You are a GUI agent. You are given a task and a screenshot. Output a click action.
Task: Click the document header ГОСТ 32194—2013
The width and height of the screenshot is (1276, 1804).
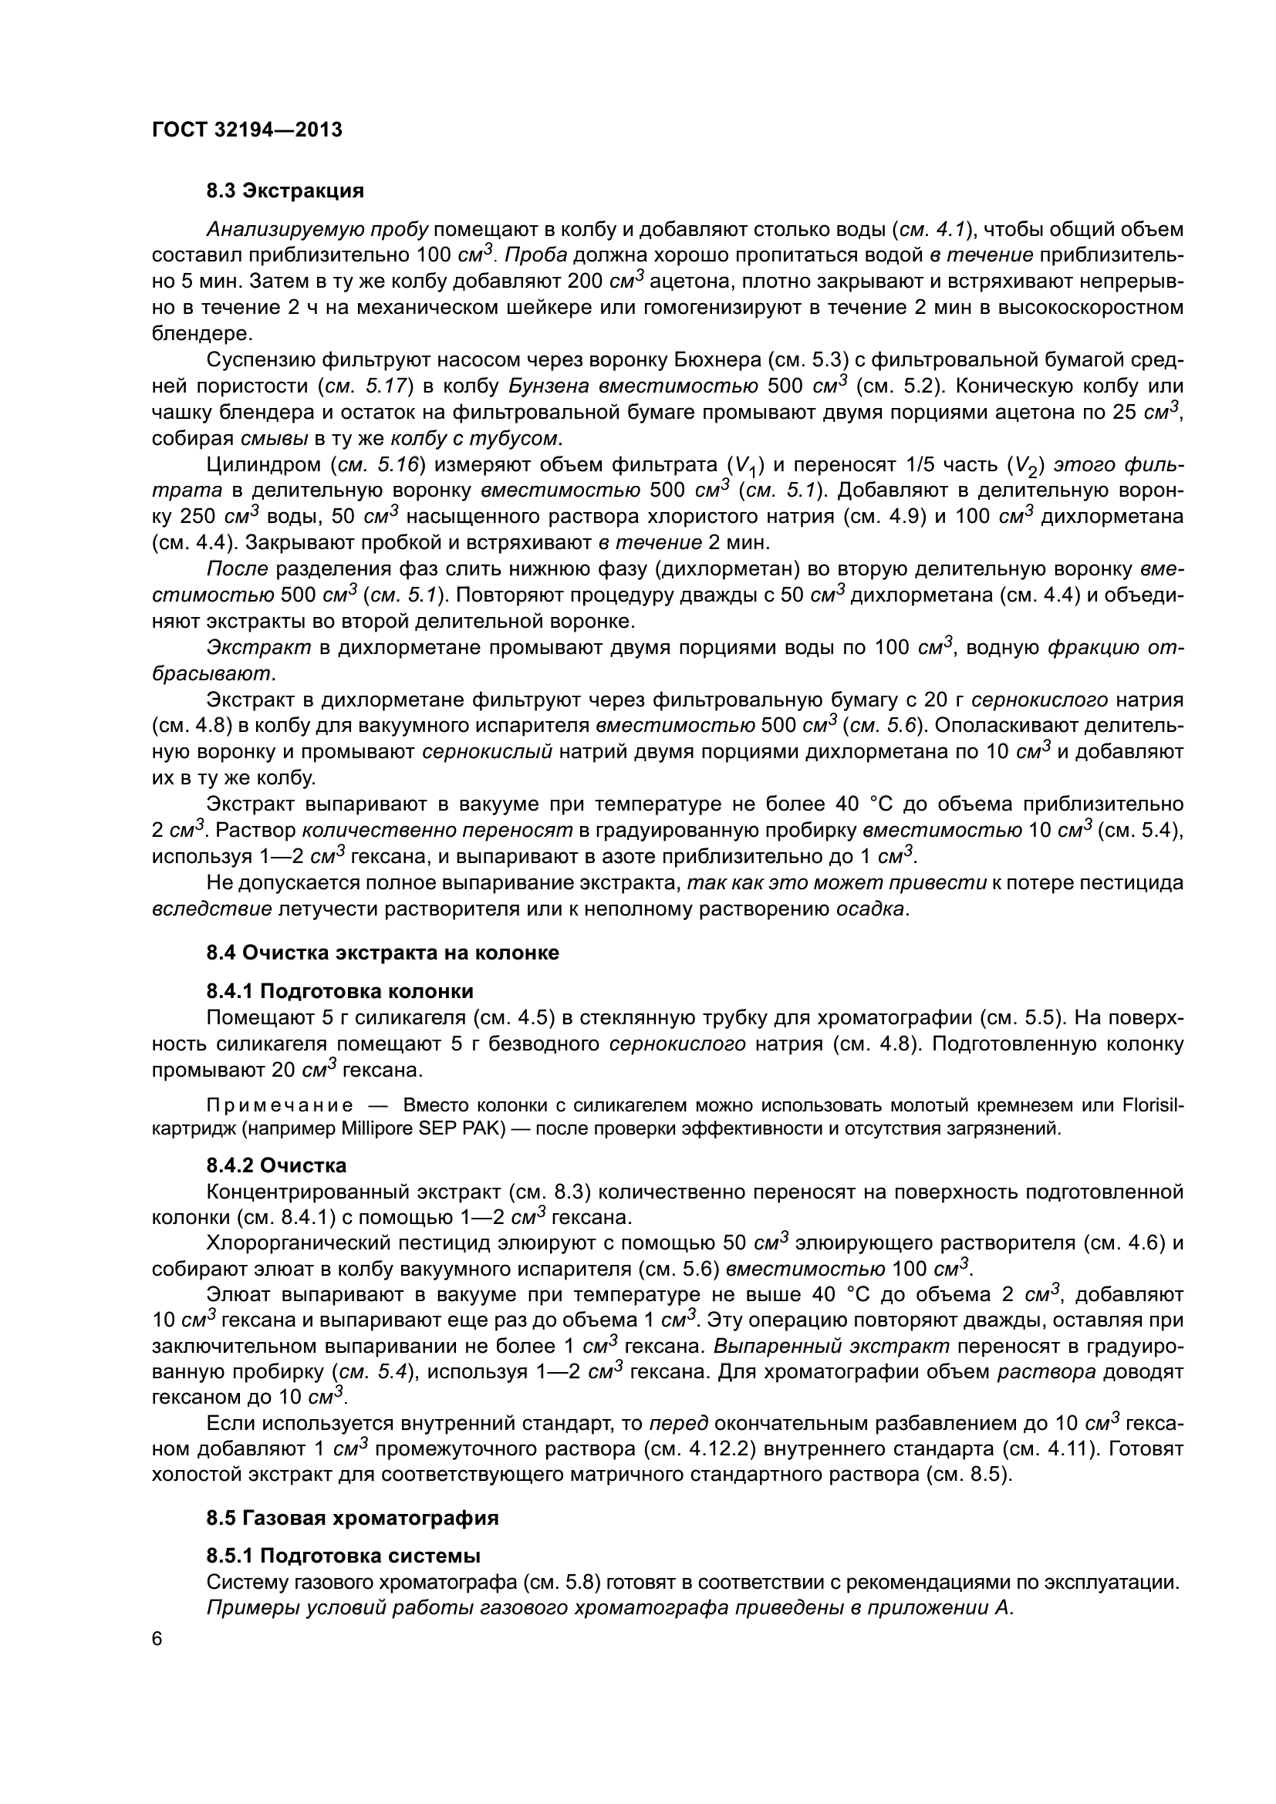click(x=247, y=130)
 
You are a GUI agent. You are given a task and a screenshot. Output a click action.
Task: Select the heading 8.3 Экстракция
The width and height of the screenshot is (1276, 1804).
click(x=285, y=191)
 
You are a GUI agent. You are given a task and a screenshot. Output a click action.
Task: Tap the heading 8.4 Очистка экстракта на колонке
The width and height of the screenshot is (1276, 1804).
click(x=383, y=953)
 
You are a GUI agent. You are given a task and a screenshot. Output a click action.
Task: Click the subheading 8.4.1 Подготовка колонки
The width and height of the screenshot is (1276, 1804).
click(x=339, y=992)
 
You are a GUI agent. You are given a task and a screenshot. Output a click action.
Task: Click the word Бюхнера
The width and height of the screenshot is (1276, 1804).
click(x=716, y=361)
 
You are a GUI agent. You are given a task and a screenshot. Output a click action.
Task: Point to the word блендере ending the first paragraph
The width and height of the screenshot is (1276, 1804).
click(x=202, y=334)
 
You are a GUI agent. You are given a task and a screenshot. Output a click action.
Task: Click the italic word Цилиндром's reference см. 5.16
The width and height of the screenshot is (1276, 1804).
click(x=377, y=465)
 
